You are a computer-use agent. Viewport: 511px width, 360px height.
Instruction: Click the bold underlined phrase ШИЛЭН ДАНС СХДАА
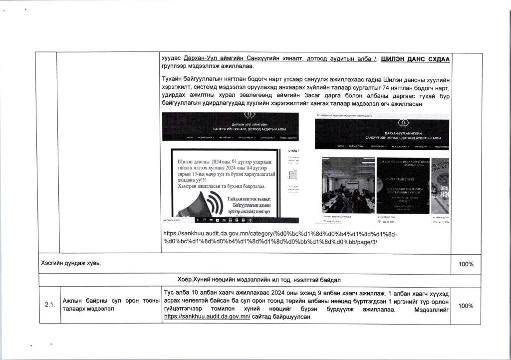pos(415,59)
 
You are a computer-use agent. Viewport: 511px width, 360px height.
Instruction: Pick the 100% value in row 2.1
pos(467,306)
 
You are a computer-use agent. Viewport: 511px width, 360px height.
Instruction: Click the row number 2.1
pos(49,306)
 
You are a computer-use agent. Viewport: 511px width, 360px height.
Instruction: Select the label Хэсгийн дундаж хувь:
pos(70,264)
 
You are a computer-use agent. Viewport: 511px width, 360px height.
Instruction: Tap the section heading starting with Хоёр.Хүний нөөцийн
pos(258,278)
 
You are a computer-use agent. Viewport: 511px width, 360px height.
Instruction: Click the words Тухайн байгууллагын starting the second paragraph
pos(195,80)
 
